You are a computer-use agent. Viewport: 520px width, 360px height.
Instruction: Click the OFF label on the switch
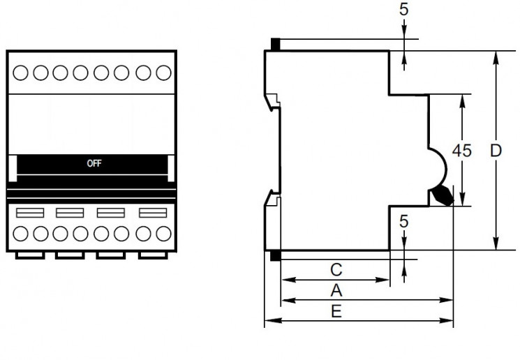point(94,164)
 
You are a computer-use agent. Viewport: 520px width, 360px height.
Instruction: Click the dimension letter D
point(495,151)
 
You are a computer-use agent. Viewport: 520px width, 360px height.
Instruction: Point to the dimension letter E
point(336,311)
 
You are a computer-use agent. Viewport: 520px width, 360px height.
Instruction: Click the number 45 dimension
point(461,151)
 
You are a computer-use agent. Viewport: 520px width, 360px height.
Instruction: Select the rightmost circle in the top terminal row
point(164,72)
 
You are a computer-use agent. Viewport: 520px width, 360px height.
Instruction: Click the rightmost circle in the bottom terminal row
point(164,233)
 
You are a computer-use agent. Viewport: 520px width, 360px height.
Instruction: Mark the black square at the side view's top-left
point(275,45)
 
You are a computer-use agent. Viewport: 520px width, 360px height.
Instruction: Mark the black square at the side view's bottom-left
point(275,256)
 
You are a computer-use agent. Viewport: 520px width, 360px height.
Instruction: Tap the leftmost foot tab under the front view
point(29,255)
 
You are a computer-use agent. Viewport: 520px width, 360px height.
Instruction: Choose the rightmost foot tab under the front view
point(153,255)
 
